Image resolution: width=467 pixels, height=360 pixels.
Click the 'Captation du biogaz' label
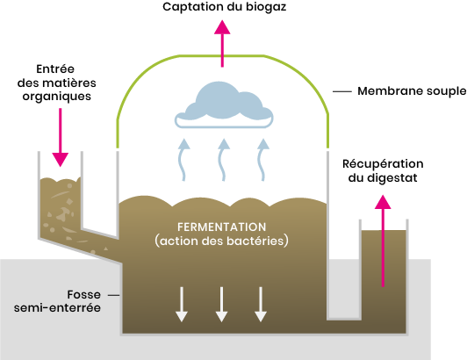coord(224,7)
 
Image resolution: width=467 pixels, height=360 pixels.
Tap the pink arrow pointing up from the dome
coord(222,44)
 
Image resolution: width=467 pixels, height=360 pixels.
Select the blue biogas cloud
coord(224,104)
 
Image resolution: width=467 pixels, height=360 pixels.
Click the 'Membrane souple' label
coord(412,91)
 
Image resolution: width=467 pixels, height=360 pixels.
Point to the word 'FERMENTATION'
coord(222,227)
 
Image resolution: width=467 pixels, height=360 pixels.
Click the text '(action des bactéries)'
coord(221,241)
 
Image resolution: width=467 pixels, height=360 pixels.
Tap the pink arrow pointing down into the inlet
coord(61,137)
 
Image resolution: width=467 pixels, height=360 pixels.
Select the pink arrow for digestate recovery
coord(383,241)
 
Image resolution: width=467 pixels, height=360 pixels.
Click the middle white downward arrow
coord(221,305)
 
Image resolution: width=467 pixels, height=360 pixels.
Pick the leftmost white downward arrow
coord(182,305)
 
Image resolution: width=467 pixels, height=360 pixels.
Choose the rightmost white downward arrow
coord(261,305)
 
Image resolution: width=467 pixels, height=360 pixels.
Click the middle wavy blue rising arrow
coord(223,160)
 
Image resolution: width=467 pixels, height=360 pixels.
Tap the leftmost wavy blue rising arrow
coord(183,160)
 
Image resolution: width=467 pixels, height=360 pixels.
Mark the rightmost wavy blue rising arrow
coord(262,160)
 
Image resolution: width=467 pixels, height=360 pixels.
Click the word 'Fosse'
coord(84,295)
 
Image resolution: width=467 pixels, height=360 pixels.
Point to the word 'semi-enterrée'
coord(57,308)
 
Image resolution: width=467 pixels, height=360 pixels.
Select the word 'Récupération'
coord(383,164)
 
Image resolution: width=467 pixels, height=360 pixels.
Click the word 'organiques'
coord(56,97)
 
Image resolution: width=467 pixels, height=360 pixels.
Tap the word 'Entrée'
coord(55,69)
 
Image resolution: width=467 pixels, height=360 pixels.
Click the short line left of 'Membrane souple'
coord(342,91)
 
